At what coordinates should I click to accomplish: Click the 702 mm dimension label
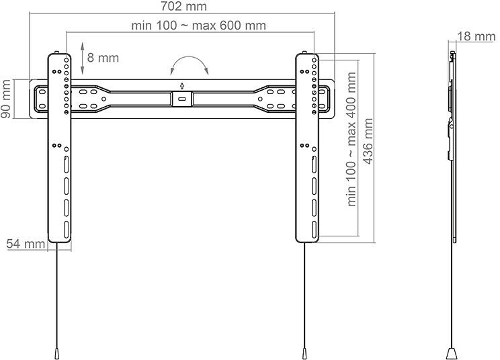point(183,6)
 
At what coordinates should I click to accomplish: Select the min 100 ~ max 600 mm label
point(199,26)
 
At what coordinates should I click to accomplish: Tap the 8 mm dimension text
point(103,58)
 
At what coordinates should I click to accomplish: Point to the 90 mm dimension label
point(6,99)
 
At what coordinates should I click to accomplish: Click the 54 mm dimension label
point(26,244)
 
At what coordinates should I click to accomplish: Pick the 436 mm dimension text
point(368,141)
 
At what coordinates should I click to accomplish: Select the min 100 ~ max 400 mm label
point(351,139)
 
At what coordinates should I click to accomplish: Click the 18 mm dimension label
point(476,36)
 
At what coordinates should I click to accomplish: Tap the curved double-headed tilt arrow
point(190,58)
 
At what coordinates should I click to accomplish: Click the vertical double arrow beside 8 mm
point(82,58)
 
